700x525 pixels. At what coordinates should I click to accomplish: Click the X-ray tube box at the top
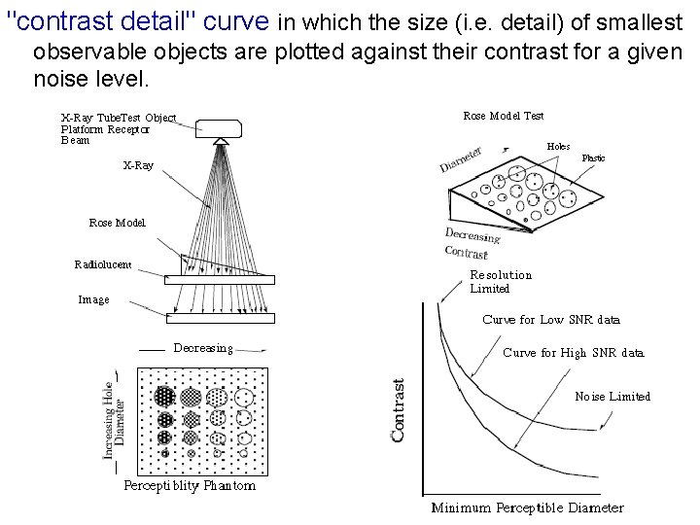223,126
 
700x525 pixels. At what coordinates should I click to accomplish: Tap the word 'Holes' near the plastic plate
558,146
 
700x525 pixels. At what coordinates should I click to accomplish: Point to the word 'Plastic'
593,157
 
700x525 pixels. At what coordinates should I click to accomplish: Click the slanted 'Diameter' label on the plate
463,160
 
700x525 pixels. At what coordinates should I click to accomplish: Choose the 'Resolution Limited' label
501,282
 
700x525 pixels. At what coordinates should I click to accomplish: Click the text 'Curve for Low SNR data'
550,319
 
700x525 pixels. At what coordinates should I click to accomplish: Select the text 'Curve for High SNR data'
573,353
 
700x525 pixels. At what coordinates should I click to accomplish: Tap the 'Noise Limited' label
612,396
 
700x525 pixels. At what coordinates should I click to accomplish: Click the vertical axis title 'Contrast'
399,410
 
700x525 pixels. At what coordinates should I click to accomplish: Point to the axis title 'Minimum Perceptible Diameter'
527,507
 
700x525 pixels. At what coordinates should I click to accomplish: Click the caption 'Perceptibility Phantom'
190,485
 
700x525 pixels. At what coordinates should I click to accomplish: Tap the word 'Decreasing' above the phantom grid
203,347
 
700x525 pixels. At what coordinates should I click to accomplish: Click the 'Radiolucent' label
103,263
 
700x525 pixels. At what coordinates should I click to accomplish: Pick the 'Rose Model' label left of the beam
117,223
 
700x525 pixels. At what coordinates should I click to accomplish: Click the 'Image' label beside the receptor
93,299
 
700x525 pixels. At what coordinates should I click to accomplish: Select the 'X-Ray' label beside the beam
137,165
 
